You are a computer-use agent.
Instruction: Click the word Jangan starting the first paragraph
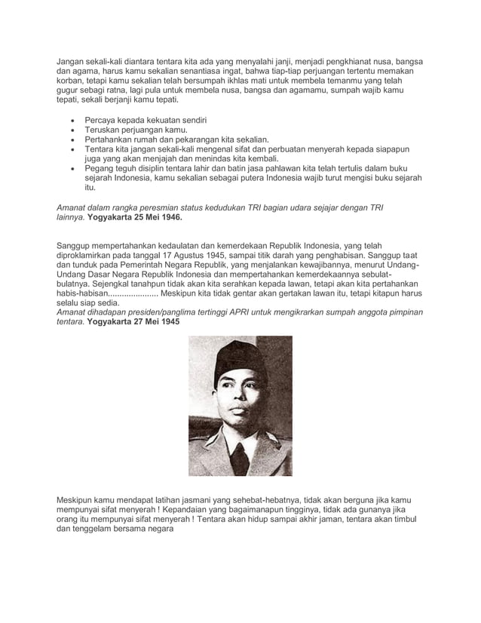tap(74, 60)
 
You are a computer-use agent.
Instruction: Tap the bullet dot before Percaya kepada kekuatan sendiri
tap(72, 121)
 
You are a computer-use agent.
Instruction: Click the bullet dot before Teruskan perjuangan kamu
tap(72, 130)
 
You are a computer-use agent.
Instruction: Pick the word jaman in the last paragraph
tap(300, 520)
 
